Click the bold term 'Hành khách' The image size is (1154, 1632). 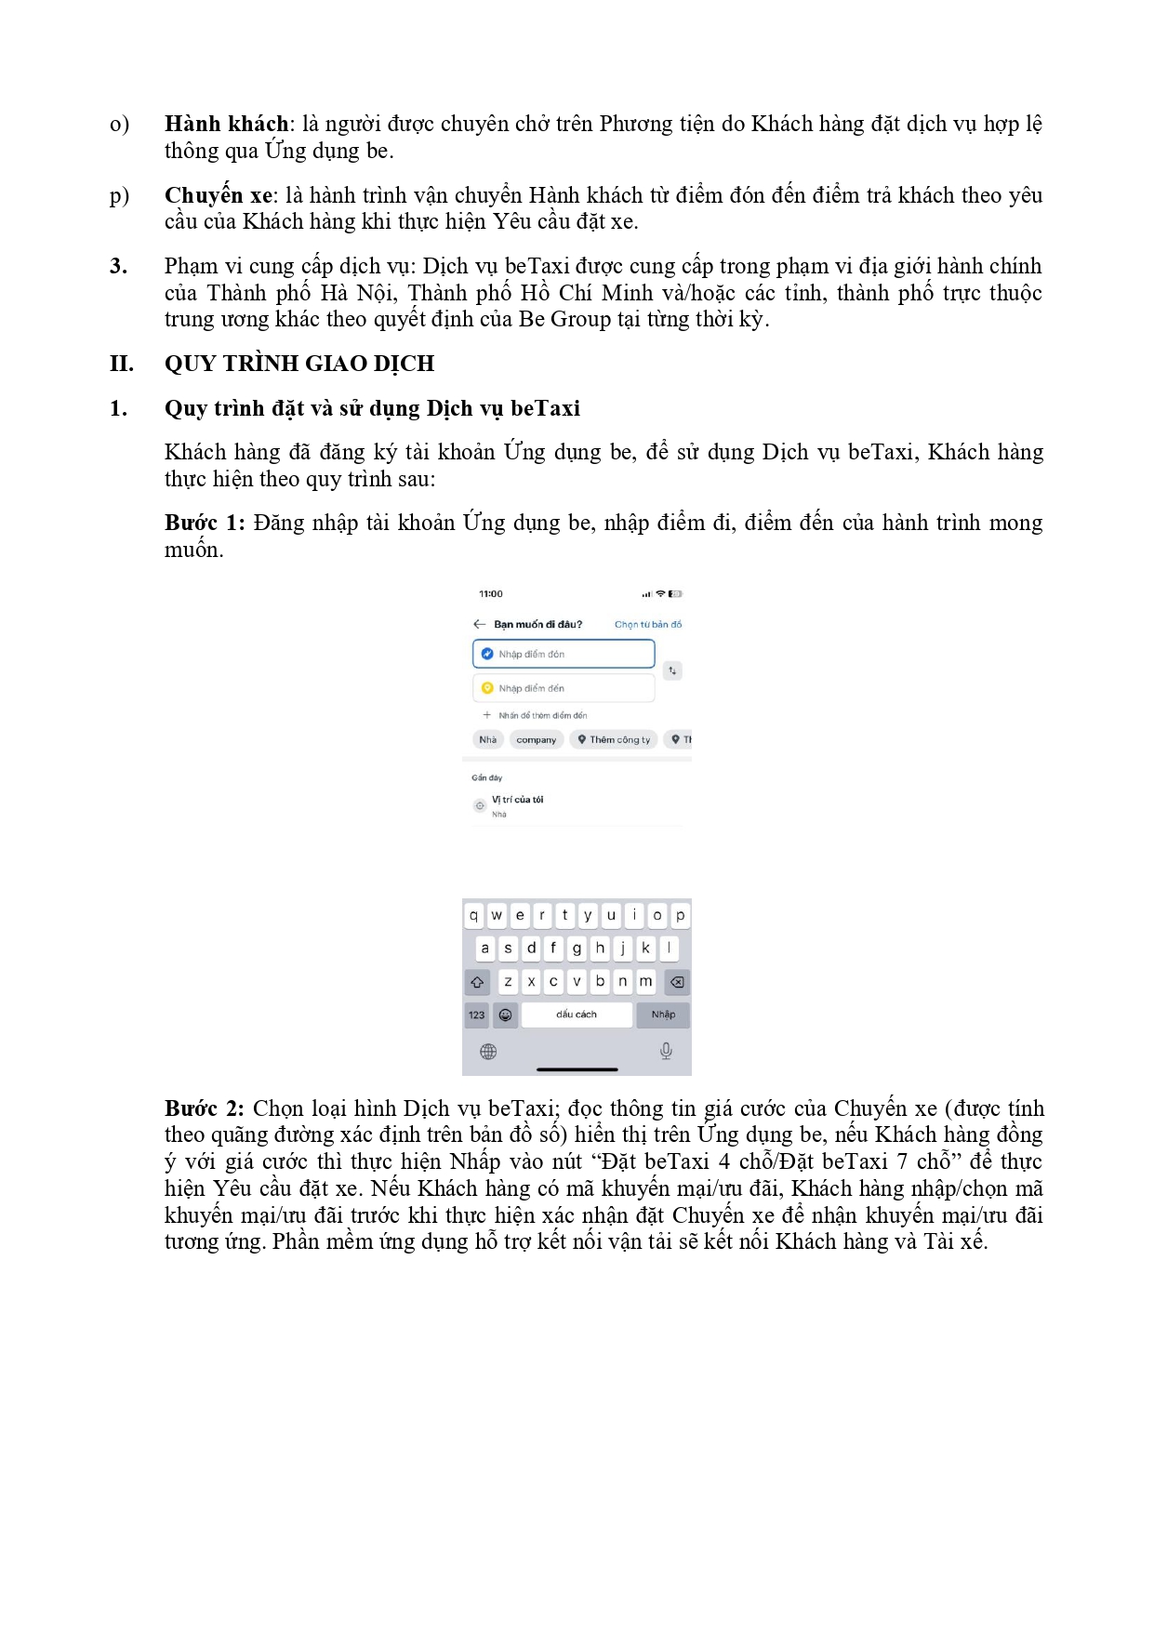(x=226, y=124)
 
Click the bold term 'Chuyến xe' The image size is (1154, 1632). (x=219, y=195)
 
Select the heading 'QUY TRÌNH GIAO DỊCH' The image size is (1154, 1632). (x=299, y=364)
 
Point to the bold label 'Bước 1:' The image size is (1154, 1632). (x=205, y=523)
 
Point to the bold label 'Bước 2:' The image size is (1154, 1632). (x=205, y=1108)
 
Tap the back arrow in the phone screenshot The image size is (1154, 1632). (x=480, y=624)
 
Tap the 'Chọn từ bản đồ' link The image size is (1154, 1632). (x=648, y=625)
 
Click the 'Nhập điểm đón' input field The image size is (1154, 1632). (x=564, y=654)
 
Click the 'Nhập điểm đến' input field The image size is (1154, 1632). (x=564, y=688)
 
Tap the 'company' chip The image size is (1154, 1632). (x=537, y=739)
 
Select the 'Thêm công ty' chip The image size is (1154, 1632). (x=614, y=739)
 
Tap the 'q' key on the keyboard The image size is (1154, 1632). (x=474, y=915)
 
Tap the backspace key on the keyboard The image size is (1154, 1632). (x=677, y=981)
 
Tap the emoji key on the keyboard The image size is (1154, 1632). (x=505, y=1015)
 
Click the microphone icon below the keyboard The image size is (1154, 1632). (x=666, y=1051)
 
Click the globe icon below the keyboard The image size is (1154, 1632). (x=488, y=1051)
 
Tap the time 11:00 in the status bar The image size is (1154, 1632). (x=491, y=593)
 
